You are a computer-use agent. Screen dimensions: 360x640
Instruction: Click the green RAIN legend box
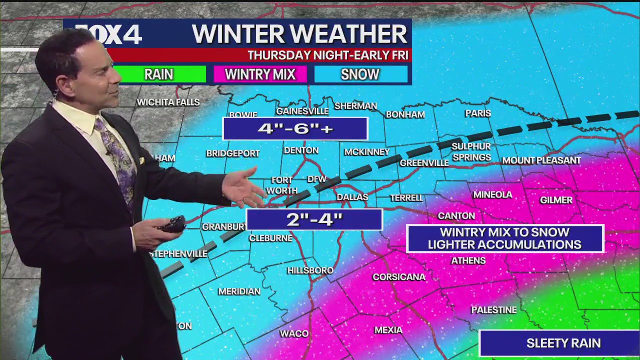pos(159,74)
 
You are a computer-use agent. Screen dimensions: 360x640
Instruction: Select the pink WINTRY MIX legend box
pos(259,74)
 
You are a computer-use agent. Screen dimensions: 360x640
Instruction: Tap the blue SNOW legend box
pos(360,74)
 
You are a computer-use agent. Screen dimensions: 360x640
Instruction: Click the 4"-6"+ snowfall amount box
pos(295,128)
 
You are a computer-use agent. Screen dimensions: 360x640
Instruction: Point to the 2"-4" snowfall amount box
pos(314,219)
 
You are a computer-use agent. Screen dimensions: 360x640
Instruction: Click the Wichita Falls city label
pos(168,102)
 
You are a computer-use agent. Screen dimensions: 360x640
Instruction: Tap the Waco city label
pos(294,333)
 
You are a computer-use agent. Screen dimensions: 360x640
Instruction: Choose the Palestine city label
pos(493,310)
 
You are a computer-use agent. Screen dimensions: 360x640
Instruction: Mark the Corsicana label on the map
pos(398,277)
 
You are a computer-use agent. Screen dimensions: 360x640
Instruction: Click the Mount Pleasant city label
pos(541,160)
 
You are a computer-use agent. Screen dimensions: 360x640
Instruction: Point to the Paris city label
pos(478,113)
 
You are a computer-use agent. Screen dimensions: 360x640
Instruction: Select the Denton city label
pos(301,150)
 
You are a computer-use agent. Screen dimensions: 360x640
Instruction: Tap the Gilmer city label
pos(556,200)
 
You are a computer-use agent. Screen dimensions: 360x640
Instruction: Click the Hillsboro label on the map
pos(310,270)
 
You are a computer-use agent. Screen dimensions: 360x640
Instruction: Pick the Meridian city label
pos(239,291)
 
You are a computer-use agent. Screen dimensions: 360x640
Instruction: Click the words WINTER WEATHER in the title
pos(299,34)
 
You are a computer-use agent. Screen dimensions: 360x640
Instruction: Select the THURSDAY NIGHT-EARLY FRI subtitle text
pos(327,55)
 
